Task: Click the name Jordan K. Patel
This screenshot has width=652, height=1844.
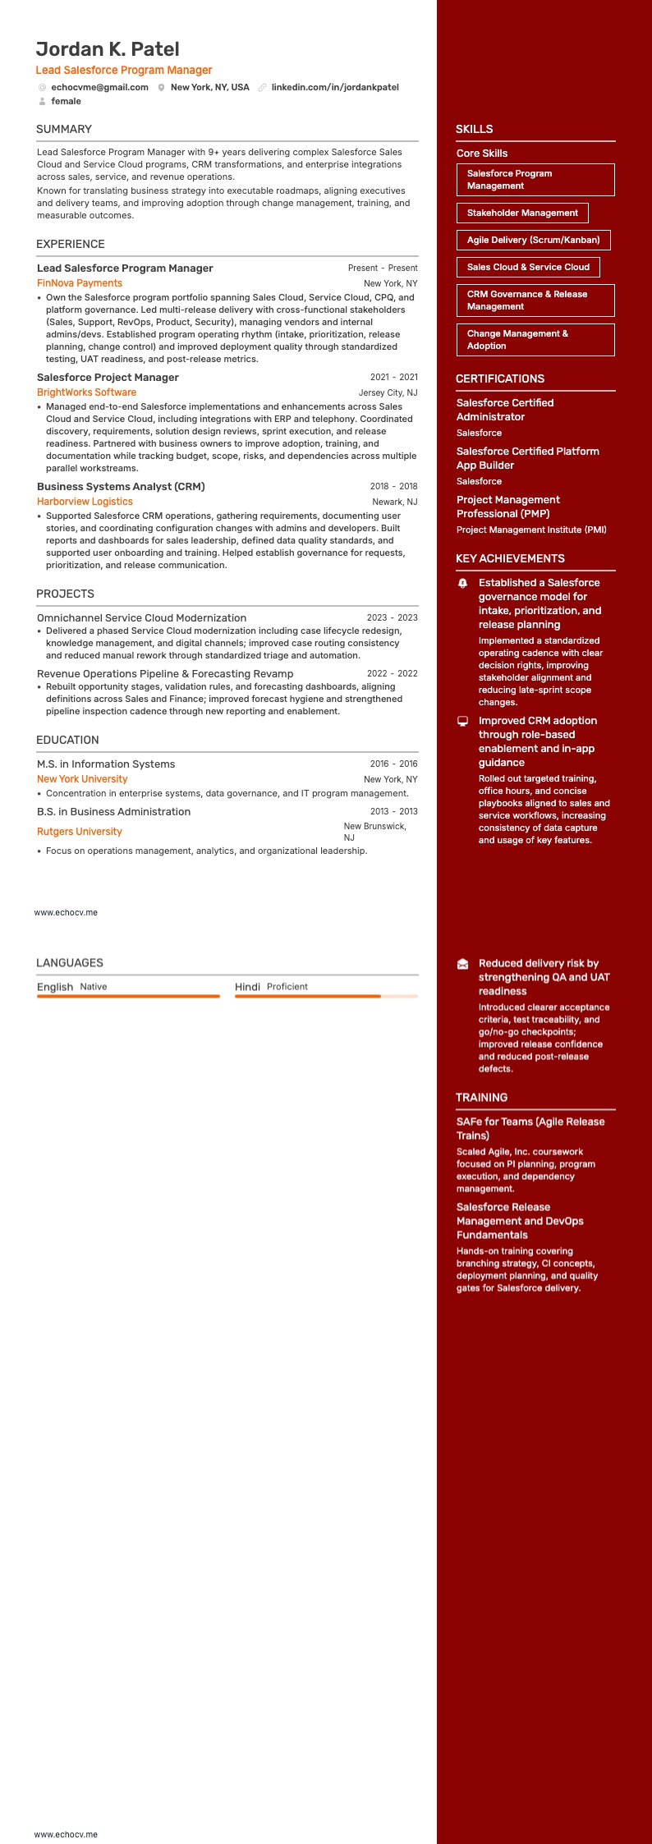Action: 108,49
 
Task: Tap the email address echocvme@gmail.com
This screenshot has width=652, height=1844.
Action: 99,87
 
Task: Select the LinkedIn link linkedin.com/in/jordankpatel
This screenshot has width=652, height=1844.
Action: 335,87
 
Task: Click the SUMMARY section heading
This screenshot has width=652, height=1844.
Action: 64,129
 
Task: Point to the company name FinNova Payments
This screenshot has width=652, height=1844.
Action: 80,283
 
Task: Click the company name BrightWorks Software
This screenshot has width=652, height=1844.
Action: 86,392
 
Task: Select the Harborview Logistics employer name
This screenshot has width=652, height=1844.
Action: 85,502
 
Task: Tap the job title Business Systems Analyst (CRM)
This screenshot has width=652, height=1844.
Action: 121,487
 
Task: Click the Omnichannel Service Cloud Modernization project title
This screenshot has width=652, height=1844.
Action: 141,618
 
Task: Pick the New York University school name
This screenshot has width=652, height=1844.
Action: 82,779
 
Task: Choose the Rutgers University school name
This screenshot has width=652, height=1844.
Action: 80,832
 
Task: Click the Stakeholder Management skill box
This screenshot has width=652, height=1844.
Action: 522,213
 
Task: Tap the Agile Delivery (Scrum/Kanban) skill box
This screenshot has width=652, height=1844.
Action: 533,240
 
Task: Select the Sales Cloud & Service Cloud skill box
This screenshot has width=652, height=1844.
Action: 528,267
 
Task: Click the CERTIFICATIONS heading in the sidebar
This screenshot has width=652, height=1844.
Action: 500,378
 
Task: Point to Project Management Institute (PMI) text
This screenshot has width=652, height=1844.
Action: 531,530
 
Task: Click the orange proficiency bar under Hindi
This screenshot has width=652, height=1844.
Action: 308,996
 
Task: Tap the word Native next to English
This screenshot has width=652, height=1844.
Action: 94,987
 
